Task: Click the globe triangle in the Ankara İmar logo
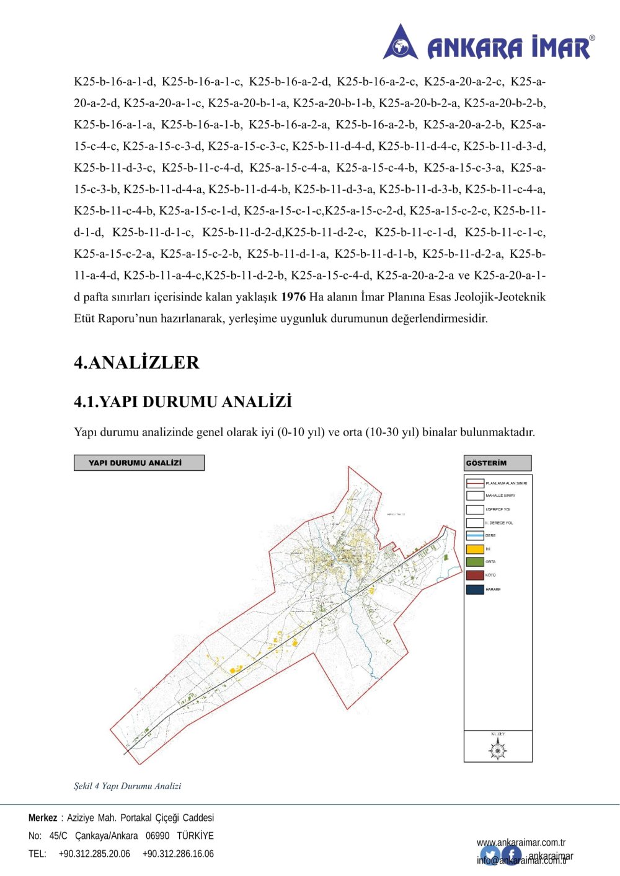coord(401,43)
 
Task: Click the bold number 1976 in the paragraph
coord(293,297)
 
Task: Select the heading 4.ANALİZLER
coord(136,362)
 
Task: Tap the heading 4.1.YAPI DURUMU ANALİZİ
coord(183,402)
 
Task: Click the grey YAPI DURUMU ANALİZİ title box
coord(139,463)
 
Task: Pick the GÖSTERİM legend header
coord(497,463)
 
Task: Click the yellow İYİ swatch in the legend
coord(475,549)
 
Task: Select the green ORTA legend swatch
coord(475,562)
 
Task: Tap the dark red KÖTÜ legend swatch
coord(475,576)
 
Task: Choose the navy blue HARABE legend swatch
coord(475,589)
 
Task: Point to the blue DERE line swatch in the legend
coord(475,535)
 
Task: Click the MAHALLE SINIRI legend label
coord(500,496)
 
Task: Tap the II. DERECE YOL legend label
coord(499,523)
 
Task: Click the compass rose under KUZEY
coord(498,750)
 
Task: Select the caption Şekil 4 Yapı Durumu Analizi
coord(128,786)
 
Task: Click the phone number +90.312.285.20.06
coord(94,854)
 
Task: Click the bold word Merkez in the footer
coord(42,818)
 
